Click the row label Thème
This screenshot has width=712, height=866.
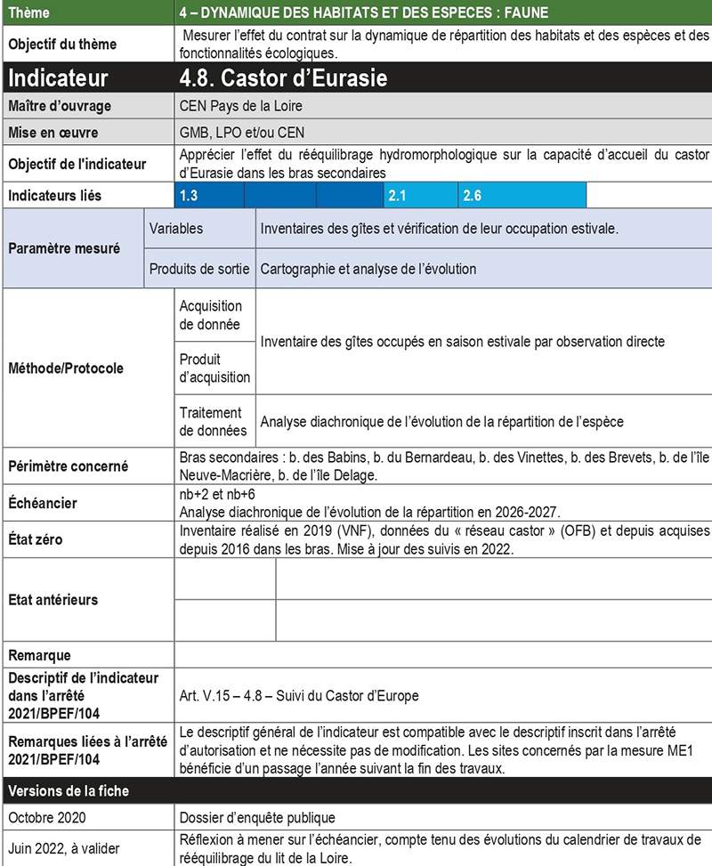click(x=28, y=13)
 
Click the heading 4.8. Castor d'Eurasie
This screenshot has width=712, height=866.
click(x=283, y=77)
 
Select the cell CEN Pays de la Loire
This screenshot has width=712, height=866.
click(x=240, y=107)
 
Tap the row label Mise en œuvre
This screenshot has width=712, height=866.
click(x=53, y=134)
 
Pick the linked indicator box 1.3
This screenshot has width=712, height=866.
click(x=188, y=195)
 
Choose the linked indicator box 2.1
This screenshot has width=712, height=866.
click(x=398, y=195)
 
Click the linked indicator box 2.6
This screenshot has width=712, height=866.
click(x=473, y=195)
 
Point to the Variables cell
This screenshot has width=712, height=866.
click(x=176, y=229)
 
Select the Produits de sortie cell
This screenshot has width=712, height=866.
click(x=199, y=268)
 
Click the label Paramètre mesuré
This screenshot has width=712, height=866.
click(x=64, y=248)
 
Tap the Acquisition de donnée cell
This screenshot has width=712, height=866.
click(x=210, y=315)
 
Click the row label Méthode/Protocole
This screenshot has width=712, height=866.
click(x=66, y=368)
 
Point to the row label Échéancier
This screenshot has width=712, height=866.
click(x=43, y=503)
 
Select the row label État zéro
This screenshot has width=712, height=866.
click(x=36, y=539)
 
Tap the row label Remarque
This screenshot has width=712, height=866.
click(x=39, y=656)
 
